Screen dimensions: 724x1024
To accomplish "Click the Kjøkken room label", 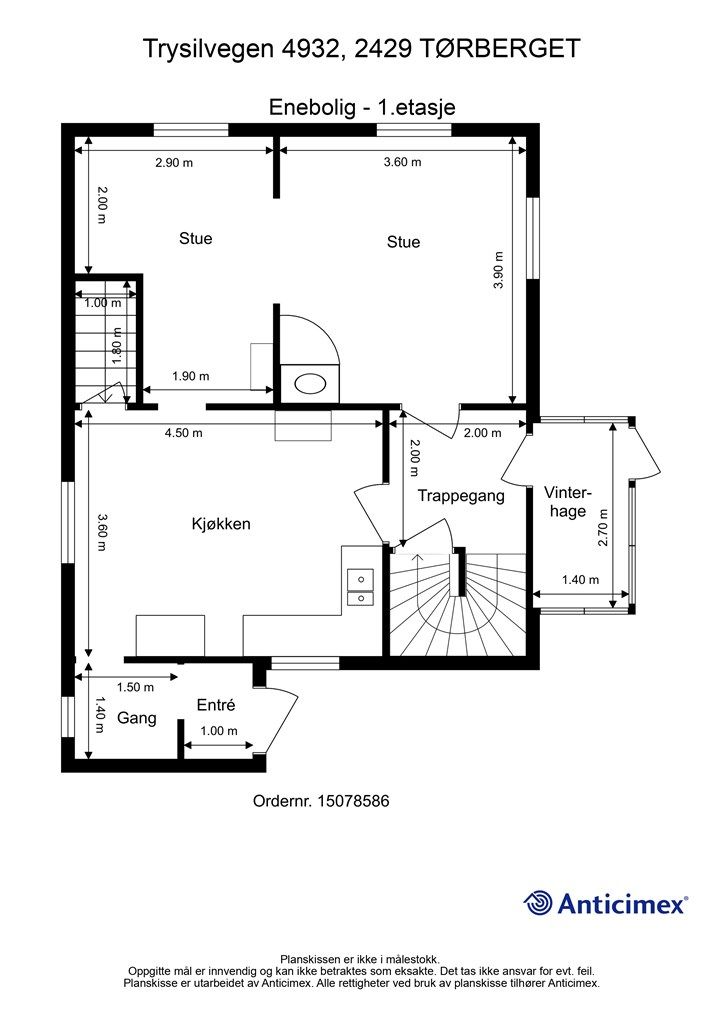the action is pos(221,524).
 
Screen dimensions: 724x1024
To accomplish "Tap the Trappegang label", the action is pos(461,496).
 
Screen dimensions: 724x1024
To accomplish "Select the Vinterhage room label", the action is pos(567,502).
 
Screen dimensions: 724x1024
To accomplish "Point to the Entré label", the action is pos(215,705).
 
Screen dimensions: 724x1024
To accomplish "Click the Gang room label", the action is pos(136,718).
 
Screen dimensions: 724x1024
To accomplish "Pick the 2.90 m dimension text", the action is pos(174,163).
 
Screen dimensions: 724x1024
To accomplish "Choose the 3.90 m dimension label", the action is pos(499,270).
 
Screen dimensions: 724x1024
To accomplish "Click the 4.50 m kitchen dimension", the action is pos(183,433).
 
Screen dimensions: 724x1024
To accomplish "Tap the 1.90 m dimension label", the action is pos(191,376).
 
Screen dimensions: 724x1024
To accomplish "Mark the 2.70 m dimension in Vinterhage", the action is pos(603,528).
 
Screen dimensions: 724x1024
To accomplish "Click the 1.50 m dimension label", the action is pos(135,687).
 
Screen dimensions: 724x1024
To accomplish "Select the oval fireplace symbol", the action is pos(310,383).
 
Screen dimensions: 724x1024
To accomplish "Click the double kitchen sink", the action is pos(360,587).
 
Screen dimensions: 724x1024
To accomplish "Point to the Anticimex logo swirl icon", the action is pos(538,903).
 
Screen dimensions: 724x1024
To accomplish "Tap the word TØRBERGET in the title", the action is pos(501,48).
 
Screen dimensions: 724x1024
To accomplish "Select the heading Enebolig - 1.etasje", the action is pos(362,107).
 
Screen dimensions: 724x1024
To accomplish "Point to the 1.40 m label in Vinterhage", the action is pos(580,580).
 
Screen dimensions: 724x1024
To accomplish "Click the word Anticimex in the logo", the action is pos(622,904).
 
